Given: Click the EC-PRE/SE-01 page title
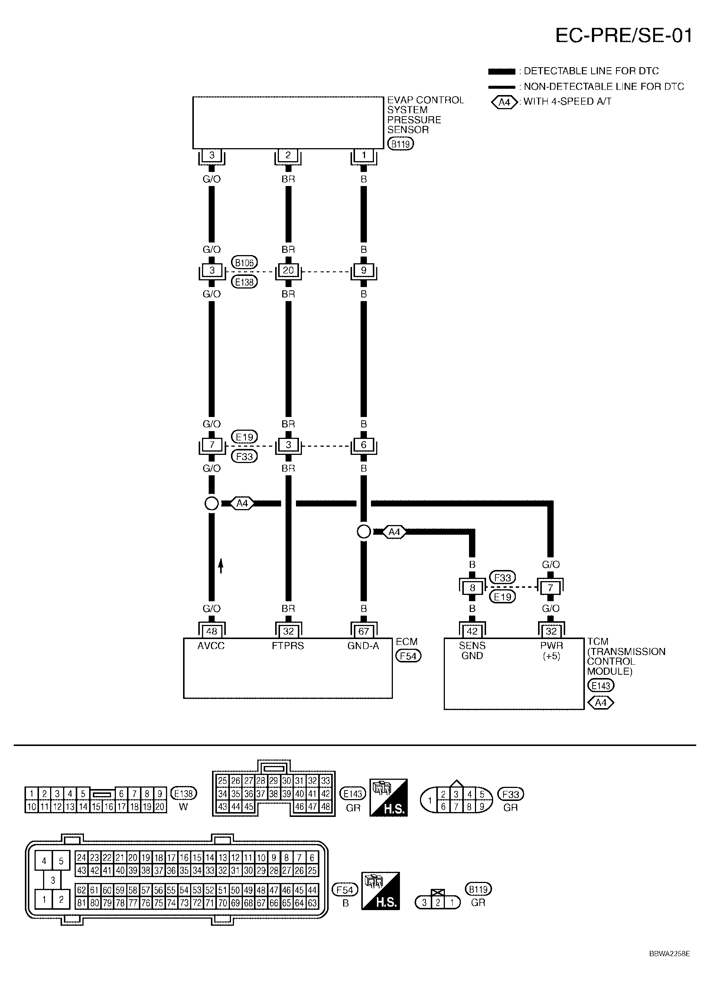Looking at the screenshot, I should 623,36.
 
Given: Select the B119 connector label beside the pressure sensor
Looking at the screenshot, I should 400,144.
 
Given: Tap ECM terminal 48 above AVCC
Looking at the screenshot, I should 211,631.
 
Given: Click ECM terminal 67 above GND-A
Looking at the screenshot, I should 364,631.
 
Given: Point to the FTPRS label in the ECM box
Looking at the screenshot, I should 288,646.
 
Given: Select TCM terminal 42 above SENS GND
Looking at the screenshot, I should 472,631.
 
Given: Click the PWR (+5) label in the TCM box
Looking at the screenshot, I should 551,651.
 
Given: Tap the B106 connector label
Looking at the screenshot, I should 244,263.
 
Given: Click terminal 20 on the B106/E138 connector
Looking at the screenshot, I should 288,270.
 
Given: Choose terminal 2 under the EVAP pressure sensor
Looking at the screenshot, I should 288,155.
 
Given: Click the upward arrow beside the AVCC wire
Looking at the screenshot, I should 221,566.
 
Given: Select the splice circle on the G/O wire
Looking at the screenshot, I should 211,503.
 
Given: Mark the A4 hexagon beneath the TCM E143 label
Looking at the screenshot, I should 600,702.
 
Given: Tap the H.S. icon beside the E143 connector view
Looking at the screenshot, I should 388,798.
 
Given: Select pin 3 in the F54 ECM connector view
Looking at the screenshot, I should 52,880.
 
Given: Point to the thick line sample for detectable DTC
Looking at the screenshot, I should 502,71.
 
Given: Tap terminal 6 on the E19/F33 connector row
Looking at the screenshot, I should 364,445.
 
